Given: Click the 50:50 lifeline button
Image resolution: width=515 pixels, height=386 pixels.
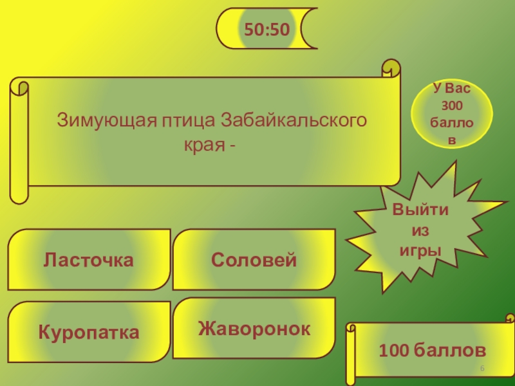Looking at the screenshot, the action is [x=265, y=28].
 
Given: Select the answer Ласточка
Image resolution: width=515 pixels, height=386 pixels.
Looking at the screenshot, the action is [x=89, y=260].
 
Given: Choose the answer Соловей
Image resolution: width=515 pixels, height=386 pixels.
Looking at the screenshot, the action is [x=254, y=260].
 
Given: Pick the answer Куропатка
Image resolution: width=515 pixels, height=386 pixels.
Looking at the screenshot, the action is [x=89, y=333].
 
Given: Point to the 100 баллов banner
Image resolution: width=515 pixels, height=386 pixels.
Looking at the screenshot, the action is [x=432, y=351].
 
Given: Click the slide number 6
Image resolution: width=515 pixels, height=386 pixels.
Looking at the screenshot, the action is [x=482, y=367].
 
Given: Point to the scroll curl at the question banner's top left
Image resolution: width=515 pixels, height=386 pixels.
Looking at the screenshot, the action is [x=19, y=87].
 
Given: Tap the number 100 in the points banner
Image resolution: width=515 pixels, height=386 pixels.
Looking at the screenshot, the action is [x=393, y=351].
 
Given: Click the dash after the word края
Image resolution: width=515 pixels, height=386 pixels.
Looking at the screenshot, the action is [x=230, y=145].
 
